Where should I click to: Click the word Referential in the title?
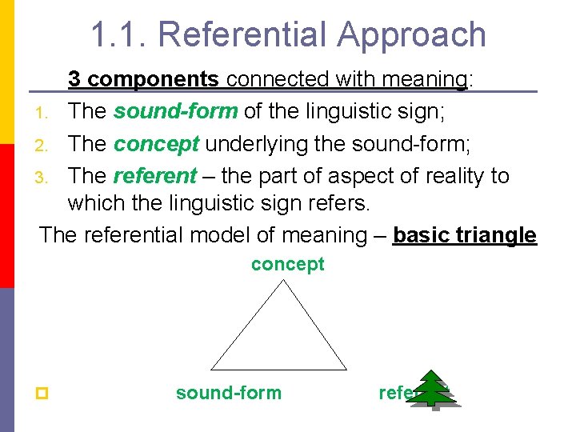[x=244, y=34]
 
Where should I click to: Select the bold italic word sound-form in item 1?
[x=175, y=111]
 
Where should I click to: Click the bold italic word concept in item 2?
[x=156, y=143]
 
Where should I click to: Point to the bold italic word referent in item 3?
[x=155, y=175]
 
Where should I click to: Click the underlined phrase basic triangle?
[x=465, y=235]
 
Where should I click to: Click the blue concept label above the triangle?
[x=288, y=264]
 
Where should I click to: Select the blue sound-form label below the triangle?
[x=229, y=393]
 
